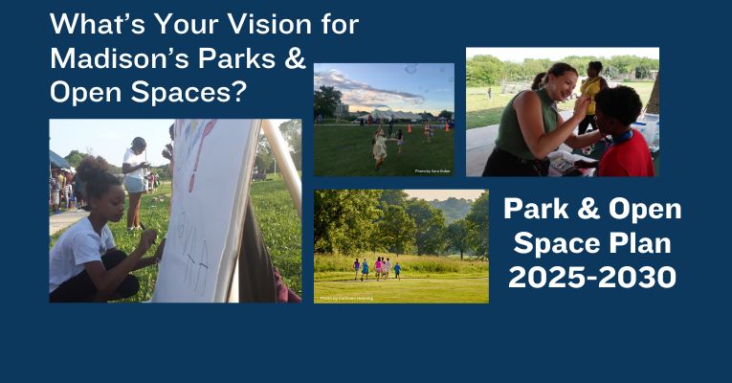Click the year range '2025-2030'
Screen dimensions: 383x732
[x=591, y=277]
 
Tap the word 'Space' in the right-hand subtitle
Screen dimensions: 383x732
[x=554, y=243]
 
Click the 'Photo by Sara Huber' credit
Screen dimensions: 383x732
[x=432, y=171]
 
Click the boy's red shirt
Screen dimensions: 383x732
[x=627, y=153]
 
